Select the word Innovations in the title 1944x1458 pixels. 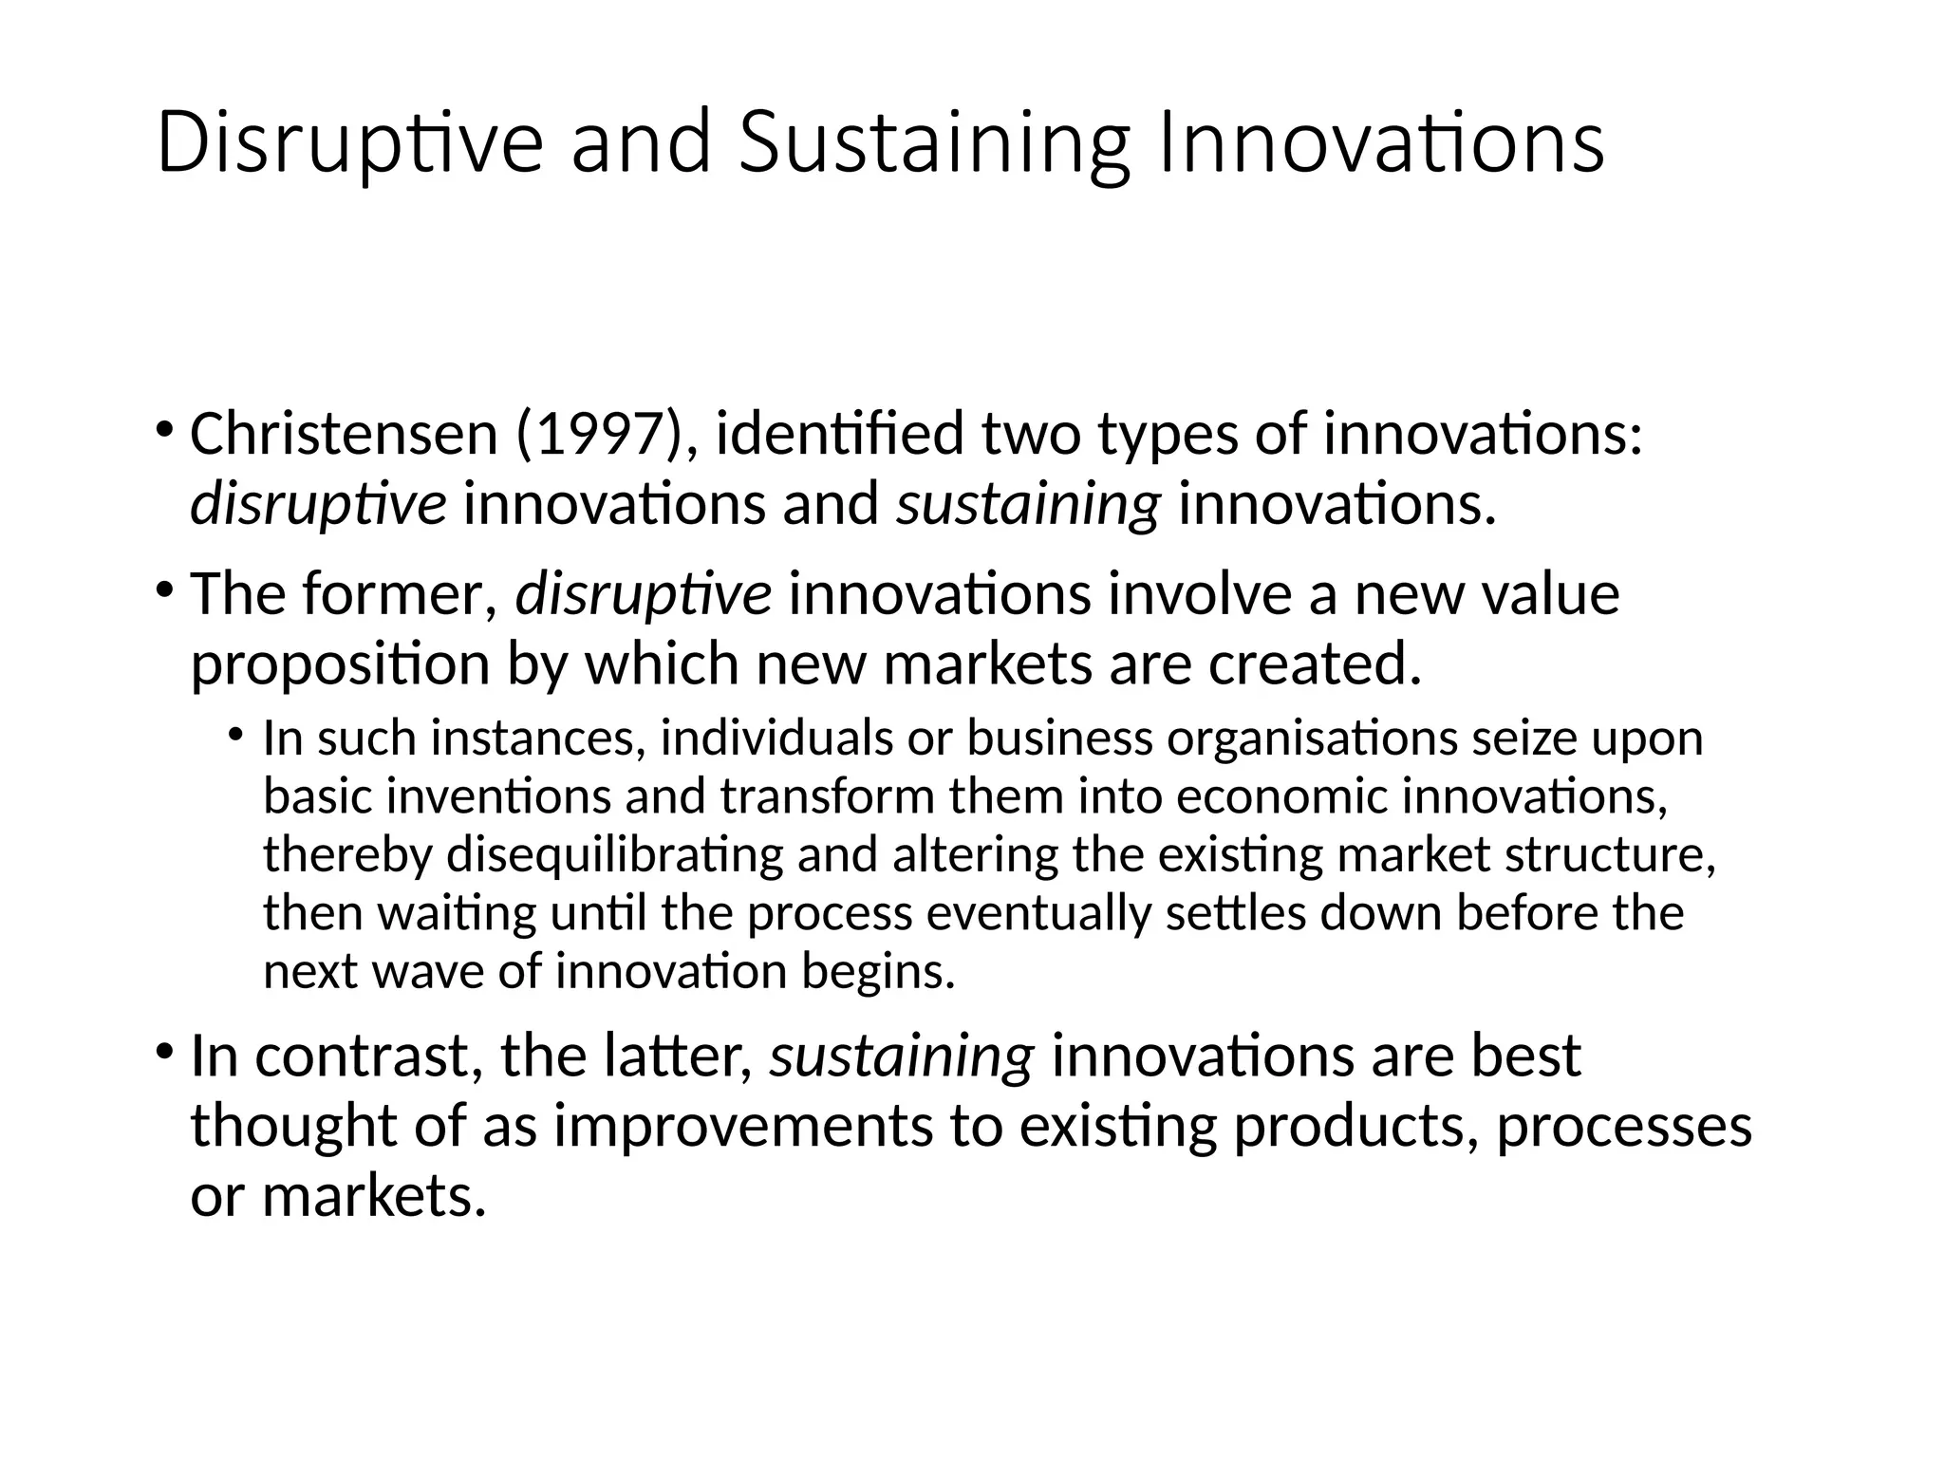1380,142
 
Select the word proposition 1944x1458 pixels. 340,664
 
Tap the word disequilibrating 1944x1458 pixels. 615,854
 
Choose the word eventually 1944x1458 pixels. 1037,913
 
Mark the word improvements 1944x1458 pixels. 743,1126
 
